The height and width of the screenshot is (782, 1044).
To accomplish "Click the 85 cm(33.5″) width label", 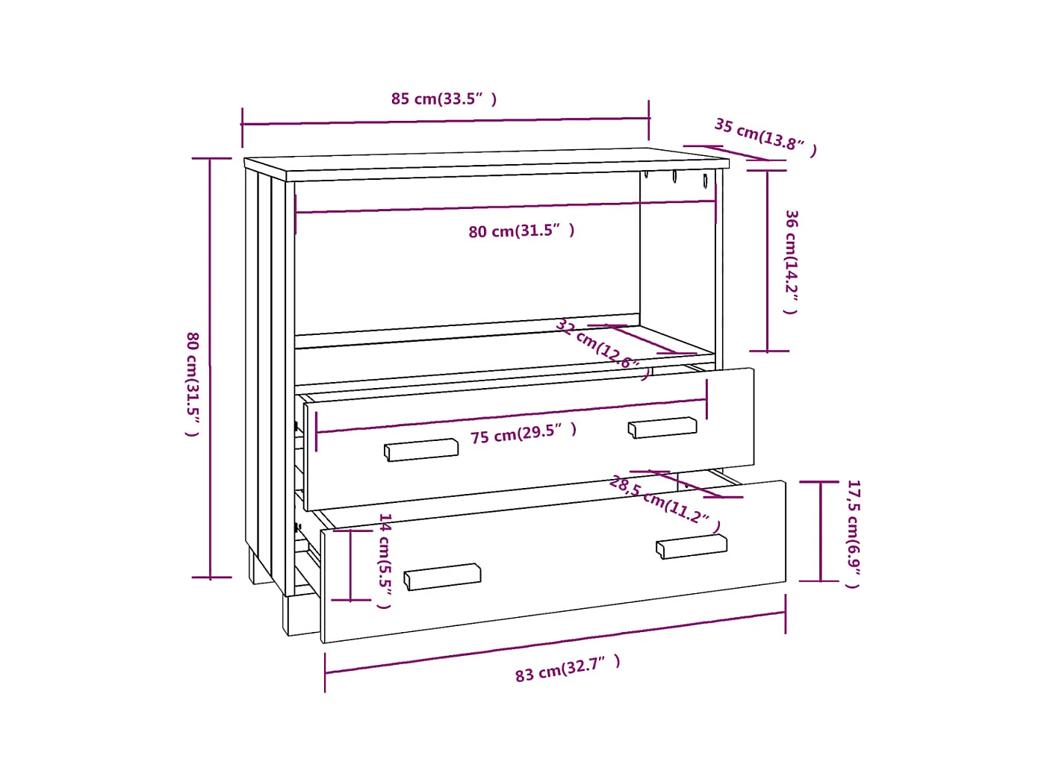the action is coord(444,99).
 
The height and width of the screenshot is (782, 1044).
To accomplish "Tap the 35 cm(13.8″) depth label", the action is coord(765,137).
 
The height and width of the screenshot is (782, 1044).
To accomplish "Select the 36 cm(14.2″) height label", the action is coord(791,261).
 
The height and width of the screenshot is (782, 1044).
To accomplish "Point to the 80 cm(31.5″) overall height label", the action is coord(193,384).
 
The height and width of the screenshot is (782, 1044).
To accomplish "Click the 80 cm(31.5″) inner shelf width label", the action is coord(521,231).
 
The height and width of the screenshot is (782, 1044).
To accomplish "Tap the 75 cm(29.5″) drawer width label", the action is coord(523,434).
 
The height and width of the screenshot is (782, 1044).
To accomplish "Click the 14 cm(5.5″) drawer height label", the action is coord(385,560).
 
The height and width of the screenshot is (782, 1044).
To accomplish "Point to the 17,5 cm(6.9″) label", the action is coord(853,533).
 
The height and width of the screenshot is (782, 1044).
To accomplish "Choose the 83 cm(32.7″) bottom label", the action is coord(568,669).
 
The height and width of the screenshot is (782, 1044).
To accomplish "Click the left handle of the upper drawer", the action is coord(421,450).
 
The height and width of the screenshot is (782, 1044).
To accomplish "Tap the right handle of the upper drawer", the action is coord(662,428).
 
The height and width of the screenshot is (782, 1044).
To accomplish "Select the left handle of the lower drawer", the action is coord(442,577).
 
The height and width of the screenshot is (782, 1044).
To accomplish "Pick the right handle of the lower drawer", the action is coord(691,546).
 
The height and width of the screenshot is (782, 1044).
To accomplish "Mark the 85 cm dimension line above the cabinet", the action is coord(445,122).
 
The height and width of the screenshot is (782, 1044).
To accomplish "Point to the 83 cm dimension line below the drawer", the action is coord(555,642).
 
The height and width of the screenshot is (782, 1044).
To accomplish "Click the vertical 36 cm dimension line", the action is coord(768,261).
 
